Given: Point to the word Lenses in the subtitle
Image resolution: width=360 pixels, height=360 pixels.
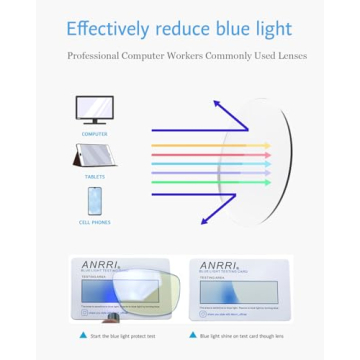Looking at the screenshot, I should (x=289, y=56).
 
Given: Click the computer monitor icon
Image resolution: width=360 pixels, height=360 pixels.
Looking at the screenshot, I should (x=95, y=108).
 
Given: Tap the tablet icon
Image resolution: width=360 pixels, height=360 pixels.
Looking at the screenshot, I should (x=94, y=155).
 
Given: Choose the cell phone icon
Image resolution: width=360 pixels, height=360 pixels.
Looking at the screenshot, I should (x=94, y=201).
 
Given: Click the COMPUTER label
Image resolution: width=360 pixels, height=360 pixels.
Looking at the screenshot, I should (x=95, y=133).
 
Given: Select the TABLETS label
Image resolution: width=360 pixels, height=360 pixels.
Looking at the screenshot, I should (x=95, y=177).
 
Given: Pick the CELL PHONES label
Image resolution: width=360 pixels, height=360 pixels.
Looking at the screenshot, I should (x=95, y=221).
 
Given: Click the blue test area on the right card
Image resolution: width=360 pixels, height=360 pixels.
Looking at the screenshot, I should (x=239, y=294).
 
